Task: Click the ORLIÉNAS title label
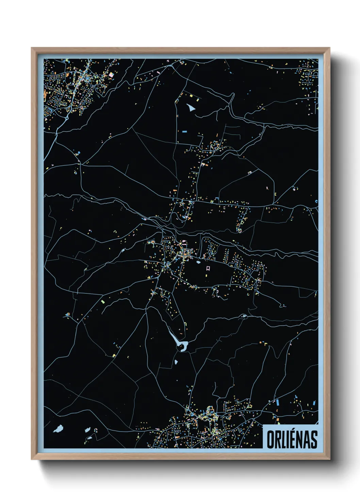click(x=292, y=439)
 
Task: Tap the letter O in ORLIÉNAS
click(x=270, y=439)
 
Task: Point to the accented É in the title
click(x=292, y=439)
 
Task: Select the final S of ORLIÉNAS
click(x=314, y=439)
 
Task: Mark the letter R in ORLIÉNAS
click(x=278, y=439)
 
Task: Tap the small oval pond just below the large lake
click(x=176, y=362)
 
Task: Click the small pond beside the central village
click(x=198, y=262)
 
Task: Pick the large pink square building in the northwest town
click(x=111, y=75)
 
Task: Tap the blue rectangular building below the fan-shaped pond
click(x=185, y=131)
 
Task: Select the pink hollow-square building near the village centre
click(x=208, y=268)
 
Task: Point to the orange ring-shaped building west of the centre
click(x=153, y=242)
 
